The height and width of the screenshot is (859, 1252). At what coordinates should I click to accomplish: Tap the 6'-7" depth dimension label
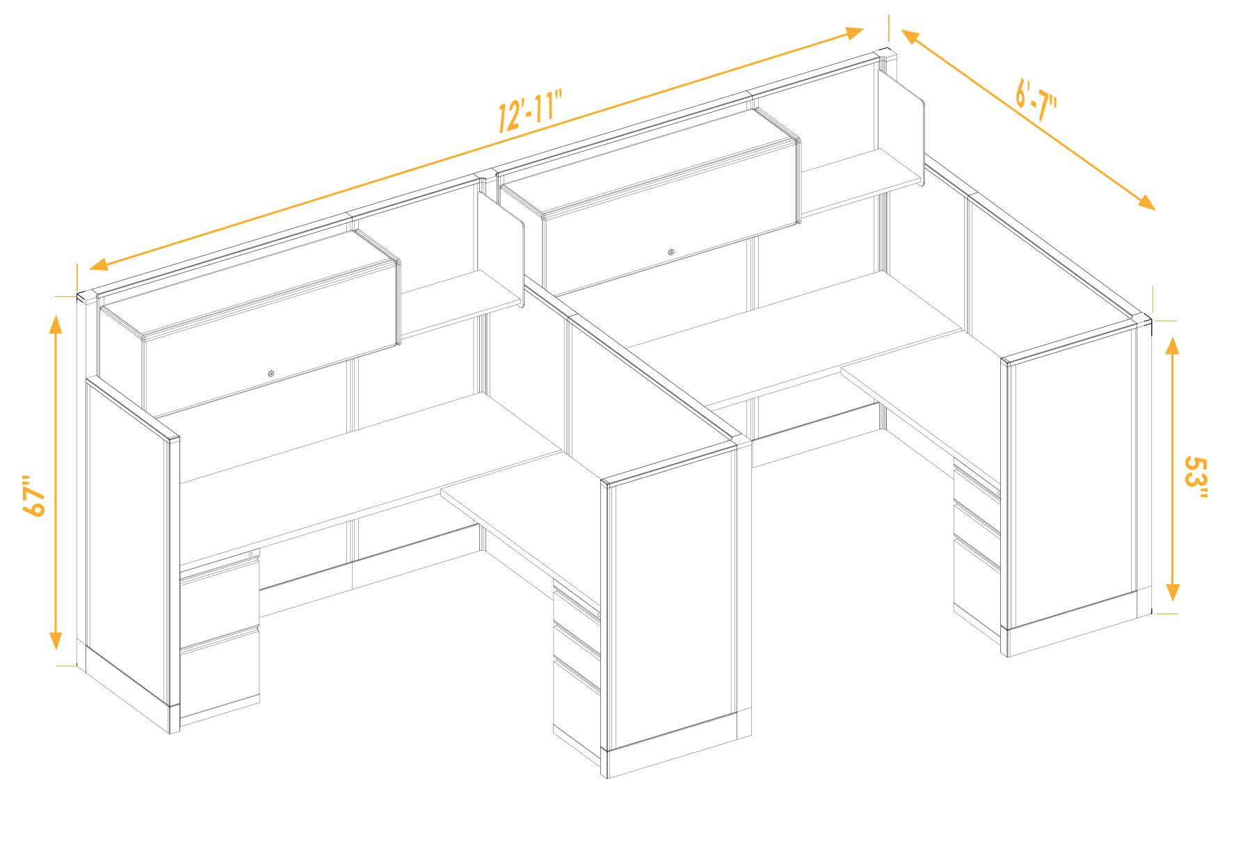point(1036,104)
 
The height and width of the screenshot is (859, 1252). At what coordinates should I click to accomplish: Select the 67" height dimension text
point(33,496)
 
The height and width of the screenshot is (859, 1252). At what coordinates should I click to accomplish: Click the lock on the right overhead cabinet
point(671,252)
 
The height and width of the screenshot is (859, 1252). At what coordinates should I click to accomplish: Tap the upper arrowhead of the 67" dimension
point(56,321)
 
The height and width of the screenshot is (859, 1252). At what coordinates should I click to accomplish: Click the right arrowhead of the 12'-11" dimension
point(854,32)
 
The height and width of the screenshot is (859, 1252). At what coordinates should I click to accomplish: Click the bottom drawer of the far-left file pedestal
point(220,671)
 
